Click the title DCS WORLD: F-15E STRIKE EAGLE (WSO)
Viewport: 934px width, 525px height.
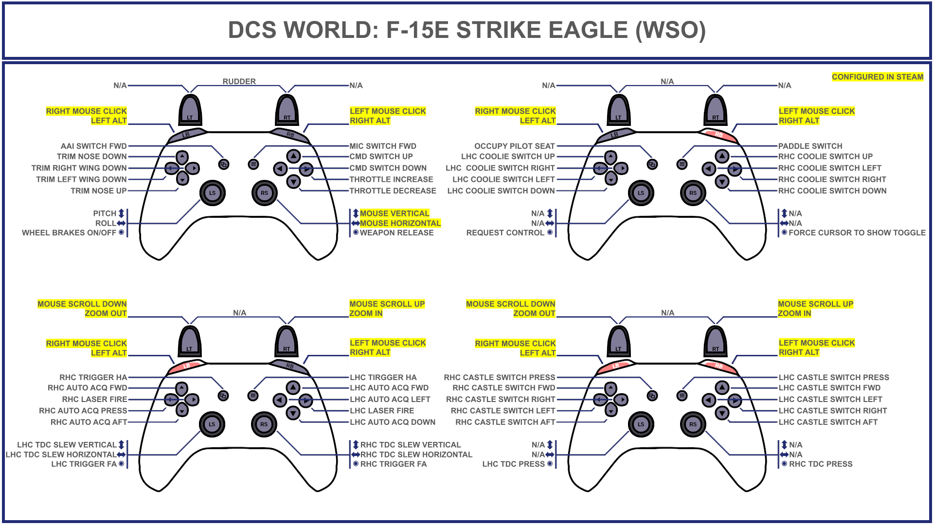(467, 30)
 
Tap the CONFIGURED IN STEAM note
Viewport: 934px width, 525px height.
(877, 77)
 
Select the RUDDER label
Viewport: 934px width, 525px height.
(239, 81)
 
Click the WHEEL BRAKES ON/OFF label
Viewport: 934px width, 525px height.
(69, 233)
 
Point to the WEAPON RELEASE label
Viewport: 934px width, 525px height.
(396, 233)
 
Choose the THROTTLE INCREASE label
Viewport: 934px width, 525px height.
(391, 179)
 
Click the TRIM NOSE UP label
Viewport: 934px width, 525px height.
(98, 191)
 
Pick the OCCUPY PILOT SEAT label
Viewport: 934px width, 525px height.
(514, 146)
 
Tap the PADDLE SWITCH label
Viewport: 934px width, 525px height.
(810, 146)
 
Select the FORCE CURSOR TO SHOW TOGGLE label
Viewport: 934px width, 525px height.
(857, 233)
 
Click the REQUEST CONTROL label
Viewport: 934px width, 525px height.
(505, 233)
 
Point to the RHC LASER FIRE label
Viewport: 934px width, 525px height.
(94, 399)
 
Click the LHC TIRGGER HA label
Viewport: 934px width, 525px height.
(383, 377)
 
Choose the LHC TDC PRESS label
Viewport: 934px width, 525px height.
(513, 464)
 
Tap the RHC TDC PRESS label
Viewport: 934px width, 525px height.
(820, 464)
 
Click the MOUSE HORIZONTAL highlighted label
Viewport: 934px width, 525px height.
(400, 223)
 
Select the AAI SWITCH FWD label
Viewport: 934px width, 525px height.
(93, 146)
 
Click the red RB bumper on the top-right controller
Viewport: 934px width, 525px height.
(719, 135)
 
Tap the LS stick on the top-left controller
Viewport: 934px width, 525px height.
(213, 193)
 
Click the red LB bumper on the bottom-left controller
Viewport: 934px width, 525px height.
(186, 366)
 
